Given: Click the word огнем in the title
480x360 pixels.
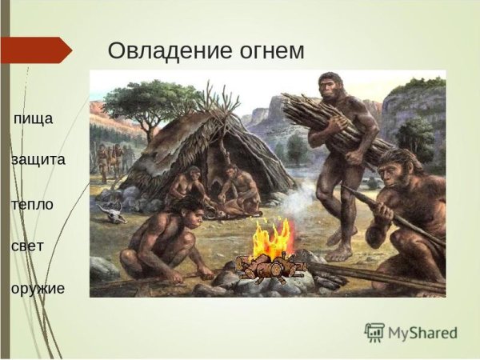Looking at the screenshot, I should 269,50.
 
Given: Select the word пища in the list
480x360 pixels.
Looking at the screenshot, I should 34,119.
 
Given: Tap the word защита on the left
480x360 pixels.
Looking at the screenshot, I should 38,160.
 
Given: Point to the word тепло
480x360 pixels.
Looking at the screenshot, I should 32,204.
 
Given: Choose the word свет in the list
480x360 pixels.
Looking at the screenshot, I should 29,246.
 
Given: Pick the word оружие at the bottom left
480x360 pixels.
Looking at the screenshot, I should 38,287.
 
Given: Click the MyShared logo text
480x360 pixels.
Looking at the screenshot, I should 422,333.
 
